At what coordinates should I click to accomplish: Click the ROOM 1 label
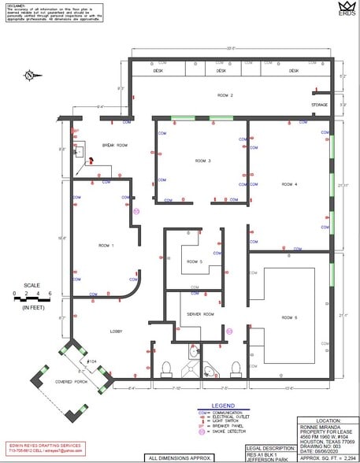click(107, 245)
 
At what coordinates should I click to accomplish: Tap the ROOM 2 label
click(225, 95)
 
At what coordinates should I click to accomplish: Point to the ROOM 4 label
click(289, 184)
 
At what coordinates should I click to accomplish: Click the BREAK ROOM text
click(114, 146)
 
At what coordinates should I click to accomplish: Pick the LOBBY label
click(117, 332)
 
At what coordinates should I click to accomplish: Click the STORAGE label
click(319, 104)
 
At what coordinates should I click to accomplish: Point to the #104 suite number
click(91, 360)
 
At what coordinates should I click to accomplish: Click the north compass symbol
click(30, 76)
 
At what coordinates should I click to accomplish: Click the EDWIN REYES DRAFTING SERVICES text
click(35, 446)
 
